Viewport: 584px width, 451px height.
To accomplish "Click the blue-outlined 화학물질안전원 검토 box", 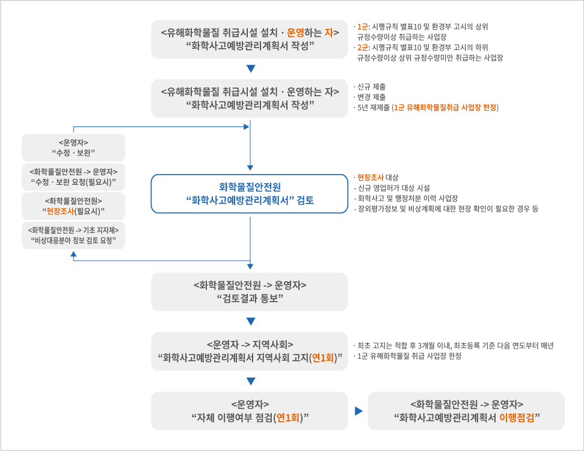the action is click(x=250, y=194).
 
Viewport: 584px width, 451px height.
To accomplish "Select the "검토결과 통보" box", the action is click(x=250, y=292).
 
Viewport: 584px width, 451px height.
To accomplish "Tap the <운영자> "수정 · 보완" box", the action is click(x=73, y=148).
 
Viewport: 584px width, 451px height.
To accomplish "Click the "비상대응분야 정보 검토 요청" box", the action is click(x=73, y=235).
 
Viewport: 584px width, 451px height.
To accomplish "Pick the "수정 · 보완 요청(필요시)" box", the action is click(x=73, y=177).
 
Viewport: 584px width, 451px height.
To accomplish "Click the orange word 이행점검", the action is click(x=517, y=418).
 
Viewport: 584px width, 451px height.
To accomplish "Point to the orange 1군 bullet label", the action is click(x=362, y=27).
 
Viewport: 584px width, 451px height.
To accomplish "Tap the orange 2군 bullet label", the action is click(x=362, y=48).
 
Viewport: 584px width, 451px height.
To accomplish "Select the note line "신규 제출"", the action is click(x=371, y=87).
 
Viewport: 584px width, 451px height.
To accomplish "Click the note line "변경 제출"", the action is click(x=371, y=98).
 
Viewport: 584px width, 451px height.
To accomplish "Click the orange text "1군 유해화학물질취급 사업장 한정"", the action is click(x=446, y=108).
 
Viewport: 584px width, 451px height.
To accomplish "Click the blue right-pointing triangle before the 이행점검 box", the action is click(x=358, y=411).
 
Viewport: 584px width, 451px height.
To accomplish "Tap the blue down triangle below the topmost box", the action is click(x=251, y=69).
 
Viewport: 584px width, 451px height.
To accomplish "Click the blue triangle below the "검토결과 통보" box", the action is click(x=251, y=322).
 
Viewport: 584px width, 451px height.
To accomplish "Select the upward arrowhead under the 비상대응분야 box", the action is click(x=73, y=254).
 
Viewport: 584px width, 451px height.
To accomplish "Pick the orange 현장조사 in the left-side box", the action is click(x=60, y=212).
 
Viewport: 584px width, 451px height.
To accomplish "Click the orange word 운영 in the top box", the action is click(x=295, y=33).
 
